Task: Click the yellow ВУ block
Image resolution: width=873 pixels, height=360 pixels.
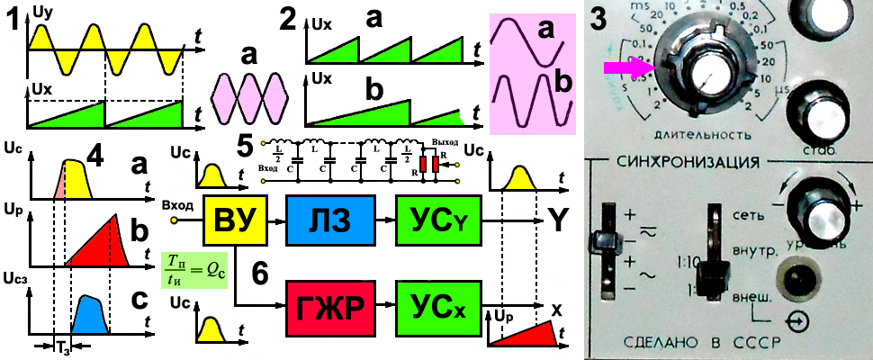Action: point(234,220)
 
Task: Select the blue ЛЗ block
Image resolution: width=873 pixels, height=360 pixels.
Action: point(322,220)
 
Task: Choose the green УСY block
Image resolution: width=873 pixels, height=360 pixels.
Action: point(431,220)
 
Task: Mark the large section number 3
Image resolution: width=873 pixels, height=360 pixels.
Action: point(602,20)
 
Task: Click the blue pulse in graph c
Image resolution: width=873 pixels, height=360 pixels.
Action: point(91,313)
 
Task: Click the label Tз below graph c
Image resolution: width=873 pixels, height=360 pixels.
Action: point(61,348)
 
